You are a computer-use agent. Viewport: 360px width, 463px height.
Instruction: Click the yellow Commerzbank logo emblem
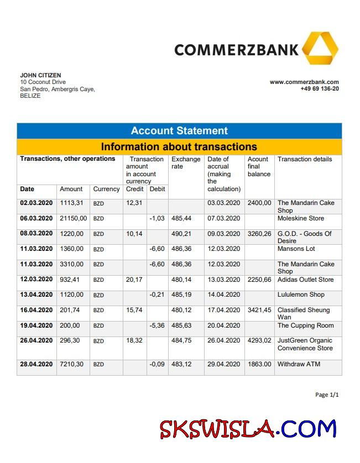tap(320, 49)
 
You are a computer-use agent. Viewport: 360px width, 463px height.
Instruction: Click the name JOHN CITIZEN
tap(40, 75)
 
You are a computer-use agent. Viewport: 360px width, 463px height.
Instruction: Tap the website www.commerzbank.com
tap(304, 82)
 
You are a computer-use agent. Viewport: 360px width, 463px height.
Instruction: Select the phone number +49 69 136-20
tap(320, 88)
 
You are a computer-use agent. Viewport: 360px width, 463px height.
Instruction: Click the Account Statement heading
tap(179, 131)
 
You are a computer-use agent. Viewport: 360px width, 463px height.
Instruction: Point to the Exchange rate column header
tap(186, 162)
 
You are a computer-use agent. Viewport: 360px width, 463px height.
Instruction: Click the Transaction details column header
tap(305, 159)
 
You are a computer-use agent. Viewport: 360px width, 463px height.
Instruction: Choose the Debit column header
tap(157, 189)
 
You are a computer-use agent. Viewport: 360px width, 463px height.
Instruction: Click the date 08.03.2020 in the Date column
tap(36, 234)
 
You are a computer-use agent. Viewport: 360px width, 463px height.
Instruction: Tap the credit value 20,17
tap(134, 280)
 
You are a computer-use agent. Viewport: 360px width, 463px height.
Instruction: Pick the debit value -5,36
tap(157, 325)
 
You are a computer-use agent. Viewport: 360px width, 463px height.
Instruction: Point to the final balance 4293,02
tap(259, 341)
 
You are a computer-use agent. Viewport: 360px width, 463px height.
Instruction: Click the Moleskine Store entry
tap(301, 218)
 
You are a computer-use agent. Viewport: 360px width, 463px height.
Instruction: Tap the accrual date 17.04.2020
tap(224, 310)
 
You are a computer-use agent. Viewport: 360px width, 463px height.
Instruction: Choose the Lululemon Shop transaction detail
tap(301, 294)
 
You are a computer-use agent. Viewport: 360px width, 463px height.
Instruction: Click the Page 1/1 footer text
tap(326, 395)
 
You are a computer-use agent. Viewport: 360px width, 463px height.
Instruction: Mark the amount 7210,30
tap(72, 364)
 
